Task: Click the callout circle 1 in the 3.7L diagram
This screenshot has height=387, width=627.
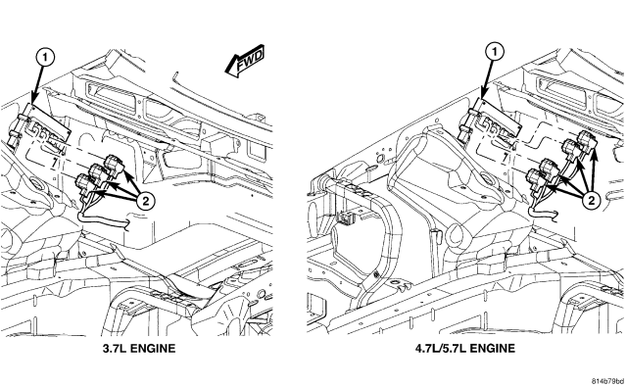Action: click(45, 58)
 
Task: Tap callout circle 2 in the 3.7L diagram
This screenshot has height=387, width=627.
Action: click(146, 200)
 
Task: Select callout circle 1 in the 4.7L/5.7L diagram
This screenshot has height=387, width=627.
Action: click(496, 52)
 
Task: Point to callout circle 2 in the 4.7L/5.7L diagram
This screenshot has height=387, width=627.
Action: click(592, 200)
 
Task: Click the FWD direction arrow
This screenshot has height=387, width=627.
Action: click(245, 61)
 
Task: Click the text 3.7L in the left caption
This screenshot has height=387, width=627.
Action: click(115, 349)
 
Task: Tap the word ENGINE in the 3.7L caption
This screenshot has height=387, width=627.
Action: click(153, 349)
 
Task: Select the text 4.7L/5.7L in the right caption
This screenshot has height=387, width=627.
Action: click(440, 349)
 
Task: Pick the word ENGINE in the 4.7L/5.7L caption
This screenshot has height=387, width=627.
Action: click(492, 349)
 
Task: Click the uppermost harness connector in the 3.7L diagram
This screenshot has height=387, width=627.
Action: click(113, 165)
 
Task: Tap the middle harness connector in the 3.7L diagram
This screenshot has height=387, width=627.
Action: click(98, 173)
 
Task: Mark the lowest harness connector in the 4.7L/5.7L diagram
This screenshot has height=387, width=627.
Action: click(535, 178)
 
